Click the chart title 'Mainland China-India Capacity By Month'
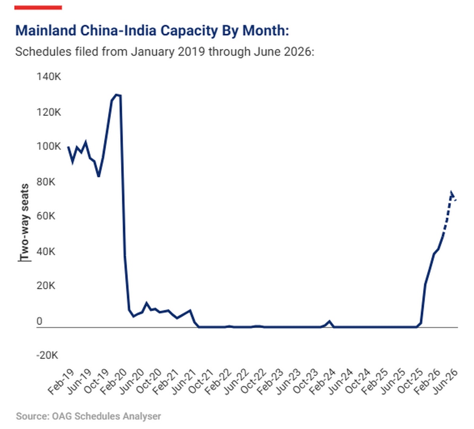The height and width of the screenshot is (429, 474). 152,30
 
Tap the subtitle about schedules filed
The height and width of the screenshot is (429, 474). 164,52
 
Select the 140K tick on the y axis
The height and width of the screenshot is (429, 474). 49,76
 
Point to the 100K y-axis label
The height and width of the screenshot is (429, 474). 49,146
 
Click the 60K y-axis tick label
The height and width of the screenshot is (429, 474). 46,216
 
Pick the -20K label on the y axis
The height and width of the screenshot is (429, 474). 47,355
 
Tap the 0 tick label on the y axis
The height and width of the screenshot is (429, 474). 39,321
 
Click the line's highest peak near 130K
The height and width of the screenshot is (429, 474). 116,94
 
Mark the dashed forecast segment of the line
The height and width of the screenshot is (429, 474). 448,214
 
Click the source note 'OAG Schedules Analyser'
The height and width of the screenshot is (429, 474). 88,416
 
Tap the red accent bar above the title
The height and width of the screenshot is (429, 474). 38,7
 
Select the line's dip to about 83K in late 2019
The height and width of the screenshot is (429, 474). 98,176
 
